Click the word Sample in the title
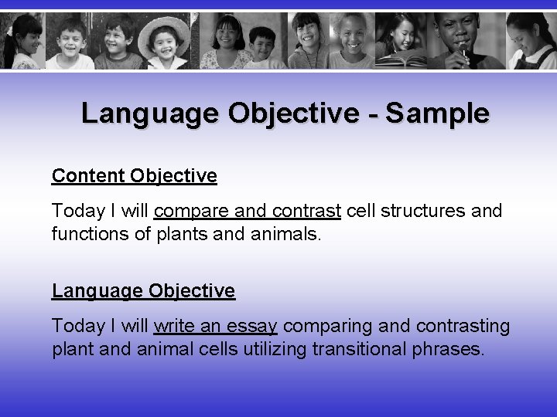tap(437, 114)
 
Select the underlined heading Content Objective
tap(134, 176)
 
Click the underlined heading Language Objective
tap(143, 291)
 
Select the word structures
tap(423, 211)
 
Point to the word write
tap(175, 326)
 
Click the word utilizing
tap(276, 349)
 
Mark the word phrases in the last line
tap(446, 350)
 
